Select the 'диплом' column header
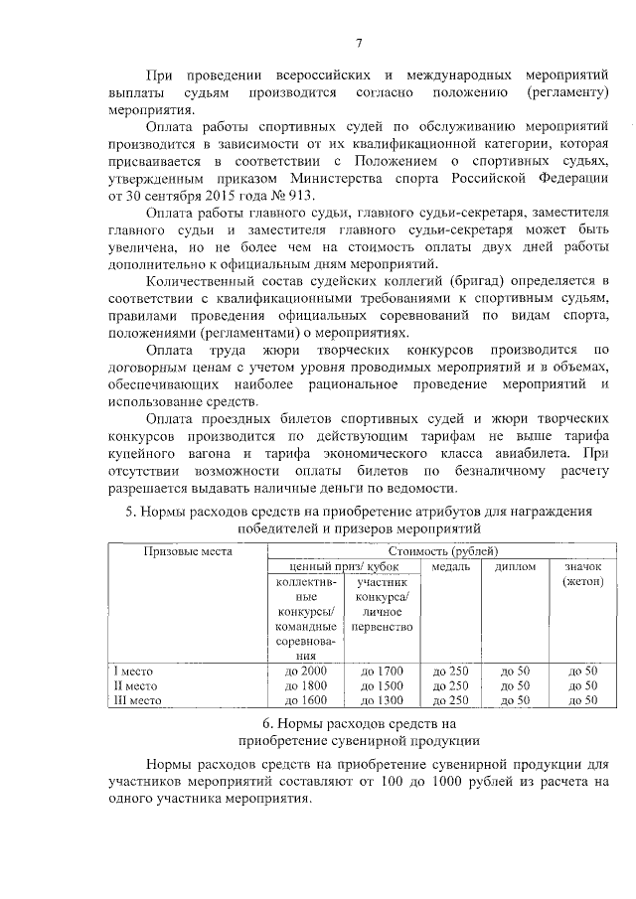click(x=515, y=566)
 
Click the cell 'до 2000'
click(x=305, y=672)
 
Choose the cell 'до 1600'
click(x=305, y=699)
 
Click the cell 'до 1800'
click(x=305, y=685)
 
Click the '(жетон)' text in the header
click(x=582, y=581)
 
